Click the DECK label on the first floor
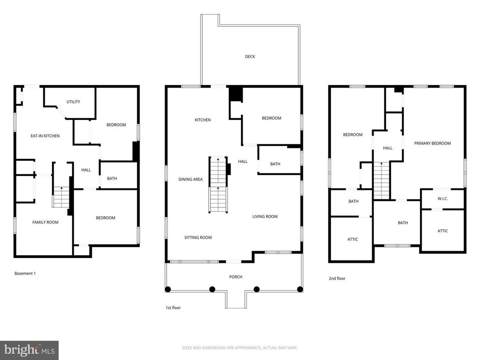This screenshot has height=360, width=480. [250, 57]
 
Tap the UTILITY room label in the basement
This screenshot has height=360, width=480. [73, 102]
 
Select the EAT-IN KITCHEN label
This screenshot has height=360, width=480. [45, 136]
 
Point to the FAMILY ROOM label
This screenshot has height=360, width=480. [45, 223]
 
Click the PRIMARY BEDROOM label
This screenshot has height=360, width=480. [432, 144]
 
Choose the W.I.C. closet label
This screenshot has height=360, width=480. [442, 199]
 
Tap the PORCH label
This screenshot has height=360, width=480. [236, 277]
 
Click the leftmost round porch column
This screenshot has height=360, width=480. [168, 289]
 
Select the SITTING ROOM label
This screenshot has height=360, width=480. [198, 238]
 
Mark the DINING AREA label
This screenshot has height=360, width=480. [191, 180]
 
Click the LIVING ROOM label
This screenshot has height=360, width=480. [265, 217]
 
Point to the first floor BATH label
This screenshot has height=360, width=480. [275, 164]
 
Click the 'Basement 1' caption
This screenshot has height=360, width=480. [25, 274]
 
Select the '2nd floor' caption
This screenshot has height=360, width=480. [337, 279]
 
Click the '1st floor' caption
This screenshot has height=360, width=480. [173, 308]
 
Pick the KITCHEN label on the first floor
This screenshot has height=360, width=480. [202, 120]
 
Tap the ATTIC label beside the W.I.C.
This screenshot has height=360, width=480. [442, 231]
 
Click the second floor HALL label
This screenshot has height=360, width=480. [388, 148]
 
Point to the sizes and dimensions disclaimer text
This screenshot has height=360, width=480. [240, 347]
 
